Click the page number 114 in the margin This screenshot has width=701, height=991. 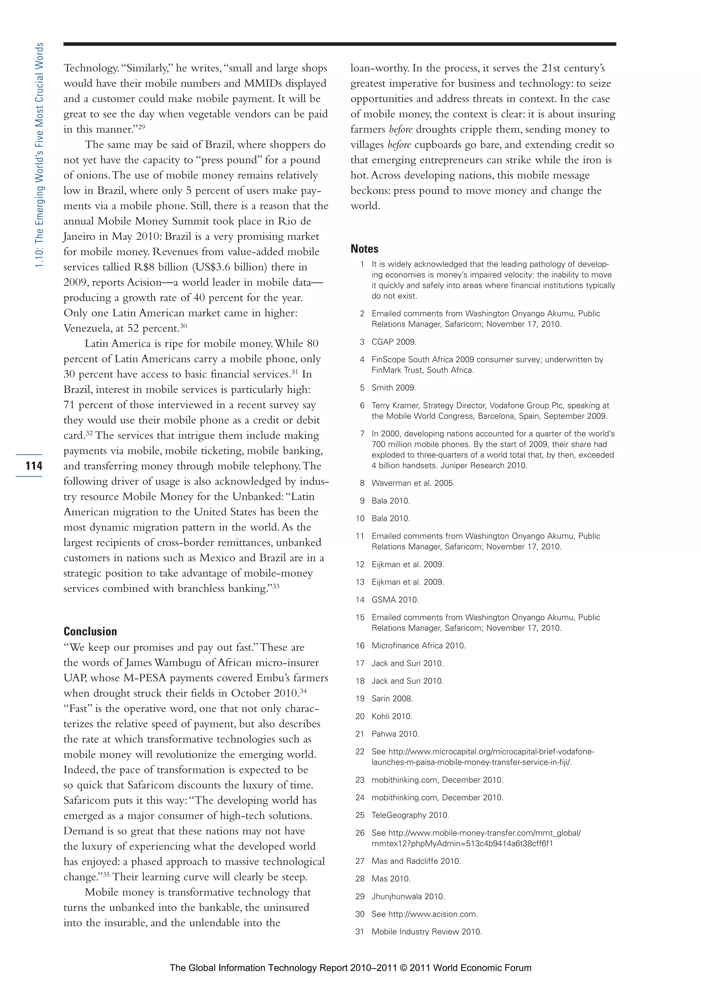pos(34,466)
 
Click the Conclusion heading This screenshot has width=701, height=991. pos(90,631)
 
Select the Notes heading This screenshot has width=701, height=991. pos(364,249)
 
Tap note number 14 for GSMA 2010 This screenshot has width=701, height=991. pos(360,600)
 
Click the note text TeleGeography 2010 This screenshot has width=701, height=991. pos(410,815)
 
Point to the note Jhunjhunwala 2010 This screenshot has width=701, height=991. pos(408,897)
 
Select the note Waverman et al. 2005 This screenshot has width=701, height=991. pos(412,483)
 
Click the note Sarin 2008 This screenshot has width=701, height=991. pos(392,699)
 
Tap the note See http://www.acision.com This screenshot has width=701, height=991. pos(424,914)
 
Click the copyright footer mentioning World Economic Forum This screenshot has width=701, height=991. pos(350,967)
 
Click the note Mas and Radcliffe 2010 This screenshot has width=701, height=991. pos(416,861)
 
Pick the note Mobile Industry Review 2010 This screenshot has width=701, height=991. pos(426,931)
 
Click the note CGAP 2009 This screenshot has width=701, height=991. pos(394,342)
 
